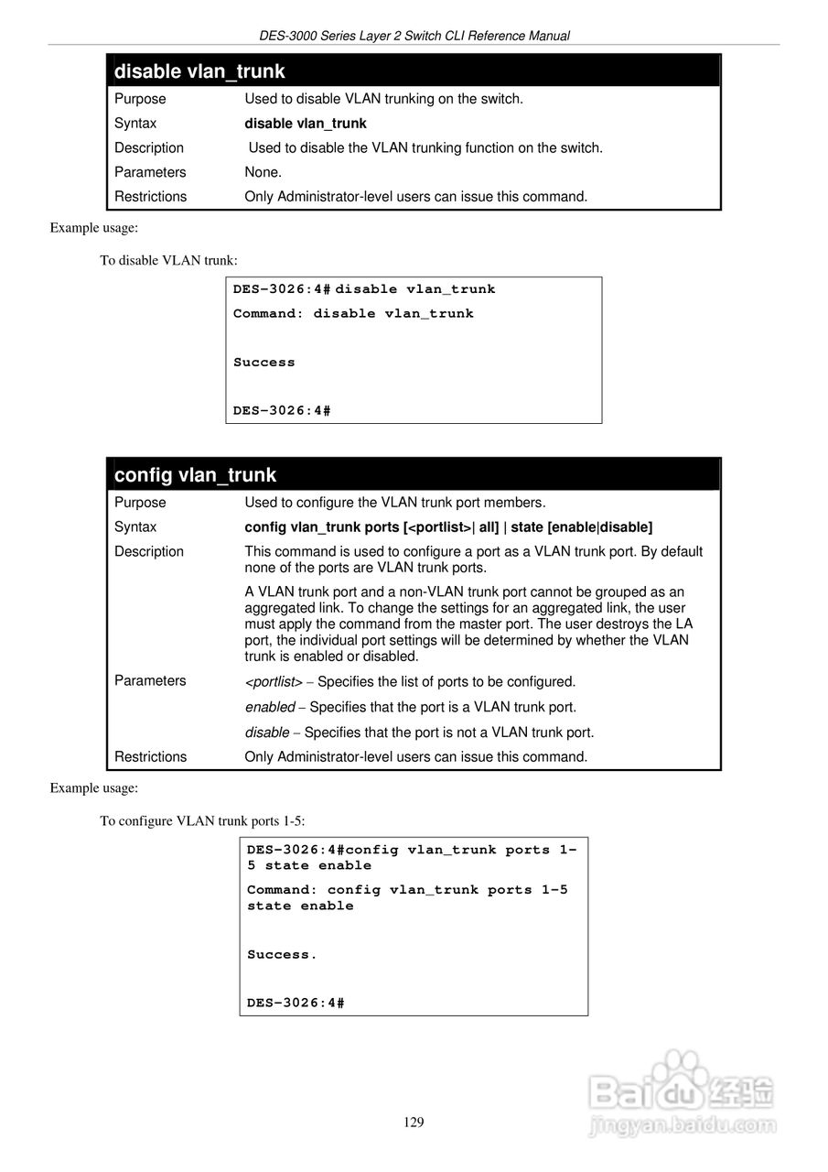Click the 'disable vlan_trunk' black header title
coord(199,71)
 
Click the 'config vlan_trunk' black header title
coord(195,475)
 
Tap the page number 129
coord(414,1123)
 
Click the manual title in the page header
coord(414,37)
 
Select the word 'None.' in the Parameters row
coord(263,172)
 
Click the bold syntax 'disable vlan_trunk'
coord(306,124)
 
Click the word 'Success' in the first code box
coord(264,363)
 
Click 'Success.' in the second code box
coord(282,955)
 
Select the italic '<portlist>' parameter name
coord(274,682)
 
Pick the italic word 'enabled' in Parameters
coord(270,708)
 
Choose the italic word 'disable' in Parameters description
coord(267,732)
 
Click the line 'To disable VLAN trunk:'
coord(168,260)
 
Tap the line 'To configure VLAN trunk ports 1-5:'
coord(209,820)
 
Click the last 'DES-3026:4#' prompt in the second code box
coord(296,1004)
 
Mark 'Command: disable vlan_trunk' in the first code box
coord(353,314)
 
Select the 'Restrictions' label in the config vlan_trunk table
coord(150,757)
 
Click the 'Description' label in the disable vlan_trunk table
coord(149,148)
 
